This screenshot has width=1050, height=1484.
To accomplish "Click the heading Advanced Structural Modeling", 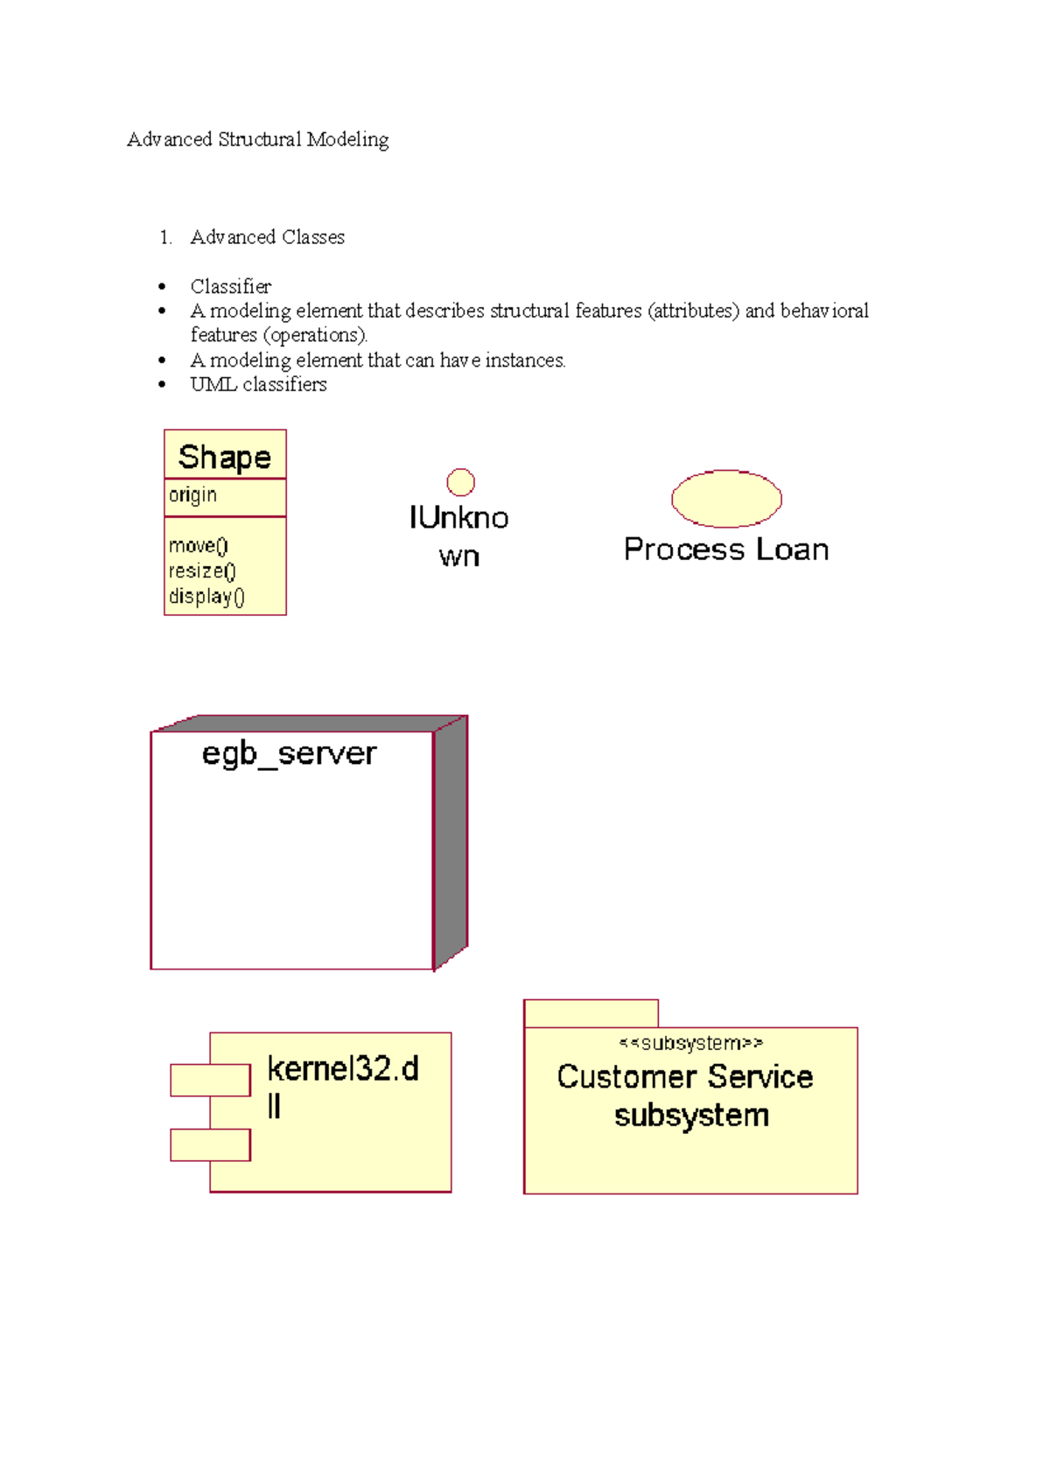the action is coord(258,140).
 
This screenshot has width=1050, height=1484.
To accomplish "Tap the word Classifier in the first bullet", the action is coord(230,286).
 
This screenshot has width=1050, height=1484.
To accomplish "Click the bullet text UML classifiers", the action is coord(258,384).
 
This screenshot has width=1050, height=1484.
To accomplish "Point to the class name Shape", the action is coord(225,457).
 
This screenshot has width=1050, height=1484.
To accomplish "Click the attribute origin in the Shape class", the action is coord(192,495).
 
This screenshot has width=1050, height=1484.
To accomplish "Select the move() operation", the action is coord(198,546).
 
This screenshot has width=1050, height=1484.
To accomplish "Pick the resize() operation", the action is coord(202,571).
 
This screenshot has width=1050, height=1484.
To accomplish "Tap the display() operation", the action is coord(206,597).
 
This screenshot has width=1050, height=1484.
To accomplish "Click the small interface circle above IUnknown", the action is coord(460,482).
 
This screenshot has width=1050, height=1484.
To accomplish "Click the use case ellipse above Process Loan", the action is coord(727,499).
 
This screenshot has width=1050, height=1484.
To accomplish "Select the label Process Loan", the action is coord(727,549).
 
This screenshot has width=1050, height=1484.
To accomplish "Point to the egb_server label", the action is coord(290,755).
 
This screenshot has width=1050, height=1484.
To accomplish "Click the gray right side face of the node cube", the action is coord(451,843).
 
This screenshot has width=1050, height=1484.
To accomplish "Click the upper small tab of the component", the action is coord(211,1081).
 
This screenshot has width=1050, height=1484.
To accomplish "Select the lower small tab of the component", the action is coord(211,1145).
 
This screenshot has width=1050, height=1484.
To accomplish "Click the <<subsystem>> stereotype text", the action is coord(691,1043).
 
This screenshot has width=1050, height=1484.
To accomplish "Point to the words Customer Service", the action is coord(685,1077).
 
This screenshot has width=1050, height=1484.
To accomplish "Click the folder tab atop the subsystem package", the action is coord(591,1013).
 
